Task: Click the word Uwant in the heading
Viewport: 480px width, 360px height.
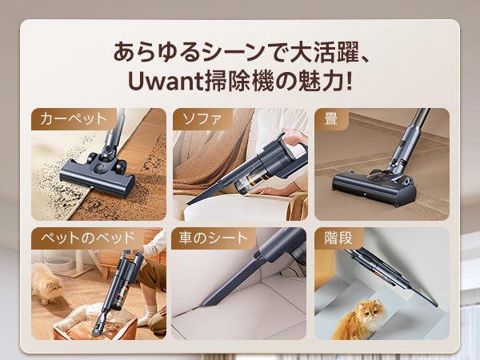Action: pos(166,81)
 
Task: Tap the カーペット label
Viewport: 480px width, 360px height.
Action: pos(74,118)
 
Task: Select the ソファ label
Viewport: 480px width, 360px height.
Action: pos(202,118)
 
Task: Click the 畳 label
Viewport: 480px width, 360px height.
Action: pos(331,118)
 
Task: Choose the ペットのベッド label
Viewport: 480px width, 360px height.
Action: pos(88,238)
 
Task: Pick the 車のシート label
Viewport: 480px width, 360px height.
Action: pos(213,238)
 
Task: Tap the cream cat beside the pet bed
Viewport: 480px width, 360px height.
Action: pos(46,283)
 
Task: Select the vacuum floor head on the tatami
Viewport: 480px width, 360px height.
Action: pos(374,186)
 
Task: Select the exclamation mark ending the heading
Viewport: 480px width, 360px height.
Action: pos(348,81)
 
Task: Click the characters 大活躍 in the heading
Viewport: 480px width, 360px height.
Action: pos(324,52)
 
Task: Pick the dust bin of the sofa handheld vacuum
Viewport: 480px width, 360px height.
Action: pos(252,182)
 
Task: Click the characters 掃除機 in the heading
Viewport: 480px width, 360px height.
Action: pos(238,81)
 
